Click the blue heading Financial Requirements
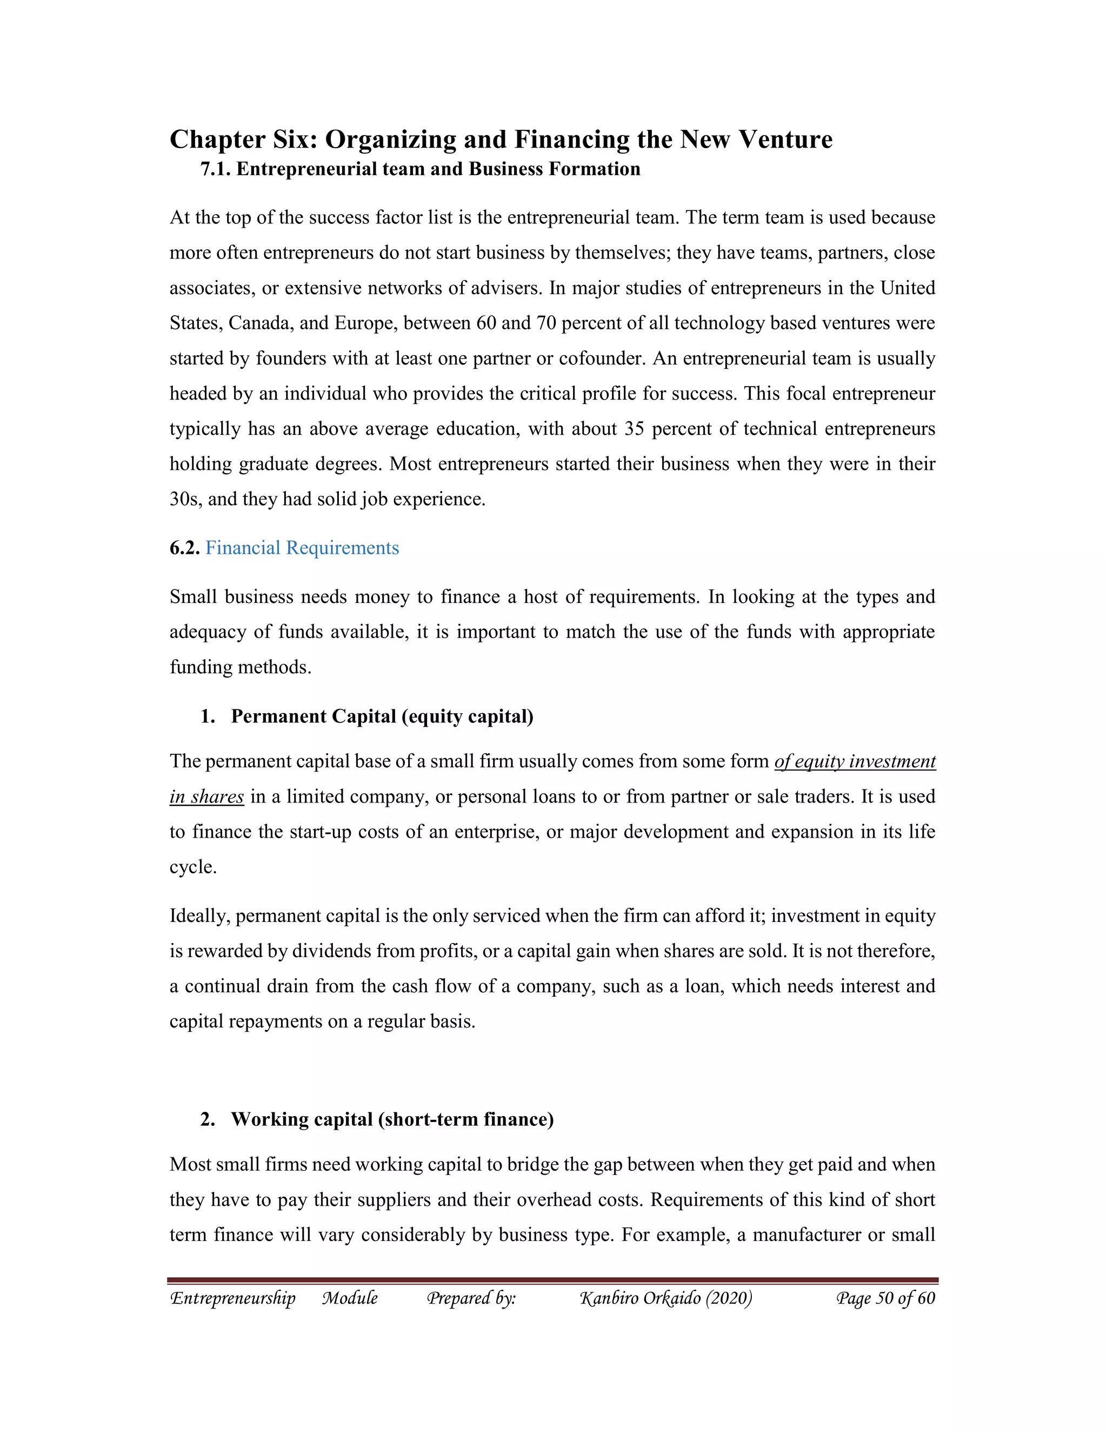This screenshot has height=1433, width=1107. point(302,548)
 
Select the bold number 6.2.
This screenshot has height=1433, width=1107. point(184,548)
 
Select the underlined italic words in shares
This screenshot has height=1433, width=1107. point(206,797)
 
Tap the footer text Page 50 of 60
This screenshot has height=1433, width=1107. point(885,1298)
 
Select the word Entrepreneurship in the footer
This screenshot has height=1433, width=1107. point(233,1298)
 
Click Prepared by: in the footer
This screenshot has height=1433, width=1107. point(471,1298)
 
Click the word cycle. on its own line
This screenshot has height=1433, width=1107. point(193,867)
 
